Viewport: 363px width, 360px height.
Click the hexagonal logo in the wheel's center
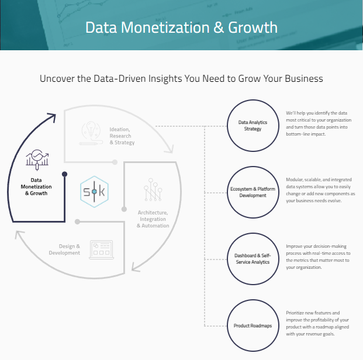[94, 192]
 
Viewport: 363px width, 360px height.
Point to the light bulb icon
[91, 133]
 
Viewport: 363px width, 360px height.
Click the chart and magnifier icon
[37, 160]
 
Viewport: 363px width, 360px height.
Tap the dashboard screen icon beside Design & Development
[101, 250]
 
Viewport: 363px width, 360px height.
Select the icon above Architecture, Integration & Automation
[153, 189]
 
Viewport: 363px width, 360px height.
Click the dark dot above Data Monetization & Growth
[64, 174]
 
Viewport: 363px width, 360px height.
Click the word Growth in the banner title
[253, 28]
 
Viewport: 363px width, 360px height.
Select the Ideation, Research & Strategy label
[122, 136]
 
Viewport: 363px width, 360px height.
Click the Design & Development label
[64, 250]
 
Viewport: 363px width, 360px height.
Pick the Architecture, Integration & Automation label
[153, 219]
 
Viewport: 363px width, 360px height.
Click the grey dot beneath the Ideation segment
[115, 162]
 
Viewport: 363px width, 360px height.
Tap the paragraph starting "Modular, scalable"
[320, 190]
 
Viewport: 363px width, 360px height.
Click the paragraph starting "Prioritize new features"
[317, 323]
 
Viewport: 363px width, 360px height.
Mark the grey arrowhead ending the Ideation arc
[170, 150]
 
